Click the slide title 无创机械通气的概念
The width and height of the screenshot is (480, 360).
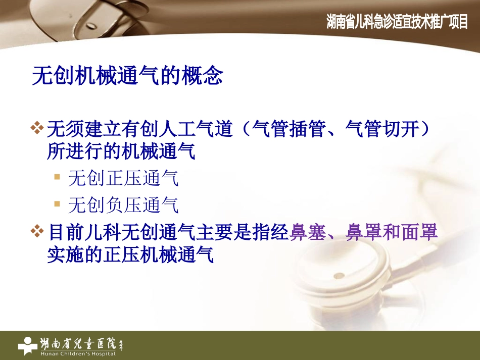click(127, 76)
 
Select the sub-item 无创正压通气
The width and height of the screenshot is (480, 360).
click(123, 178)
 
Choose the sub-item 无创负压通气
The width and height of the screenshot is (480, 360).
click(123, 205)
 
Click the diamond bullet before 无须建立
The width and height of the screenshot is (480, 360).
click(37, 129)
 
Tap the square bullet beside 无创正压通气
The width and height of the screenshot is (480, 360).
click(57, 177)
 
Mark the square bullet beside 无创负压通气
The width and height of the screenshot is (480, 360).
click(57, 204)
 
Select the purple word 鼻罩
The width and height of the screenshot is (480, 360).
click(363, 233)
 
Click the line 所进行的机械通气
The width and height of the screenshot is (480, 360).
click(121, 152)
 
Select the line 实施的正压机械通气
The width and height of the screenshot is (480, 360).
click(130, 254)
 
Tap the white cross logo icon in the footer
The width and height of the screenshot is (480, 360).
click(28, 345)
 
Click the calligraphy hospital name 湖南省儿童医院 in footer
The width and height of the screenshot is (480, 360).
click(81, 343)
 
